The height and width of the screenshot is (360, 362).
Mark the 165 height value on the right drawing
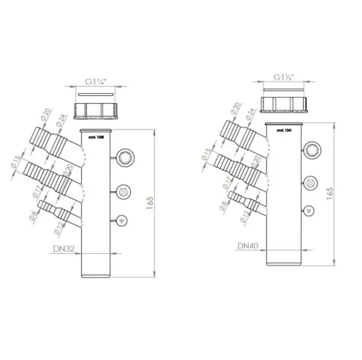(329, 191)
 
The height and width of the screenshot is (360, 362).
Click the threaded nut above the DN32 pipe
(96, 111)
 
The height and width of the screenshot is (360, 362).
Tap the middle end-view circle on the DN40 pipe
(310, 182)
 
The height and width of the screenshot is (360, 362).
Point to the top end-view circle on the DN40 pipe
(312, 149)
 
